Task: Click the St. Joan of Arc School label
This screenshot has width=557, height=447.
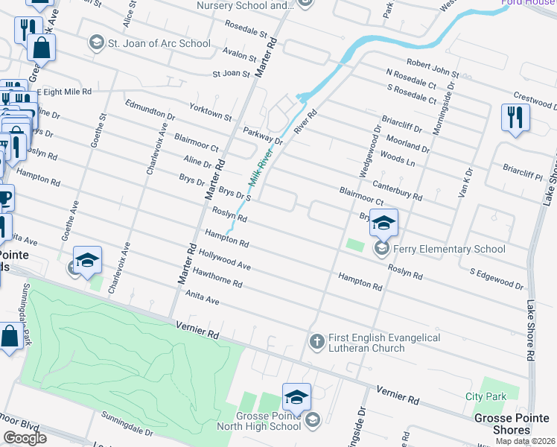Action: (159, 42)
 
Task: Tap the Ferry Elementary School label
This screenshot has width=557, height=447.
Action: (450, 249)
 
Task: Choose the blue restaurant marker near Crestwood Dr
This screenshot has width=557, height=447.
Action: (515, 118)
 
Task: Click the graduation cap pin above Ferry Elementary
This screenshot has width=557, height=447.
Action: (383, 222)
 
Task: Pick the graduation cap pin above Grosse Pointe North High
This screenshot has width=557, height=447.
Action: (296, 396)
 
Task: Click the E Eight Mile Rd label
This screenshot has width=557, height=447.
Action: (65, 91)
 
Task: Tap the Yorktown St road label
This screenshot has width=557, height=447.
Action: (211, 112)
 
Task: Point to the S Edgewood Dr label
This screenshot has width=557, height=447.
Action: (497, 279)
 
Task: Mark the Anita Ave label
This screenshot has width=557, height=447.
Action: (203, 297)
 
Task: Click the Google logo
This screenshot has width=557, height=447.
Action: (25, 437)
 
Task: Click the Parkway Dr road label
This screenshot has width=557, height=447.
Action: (263, 136)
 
